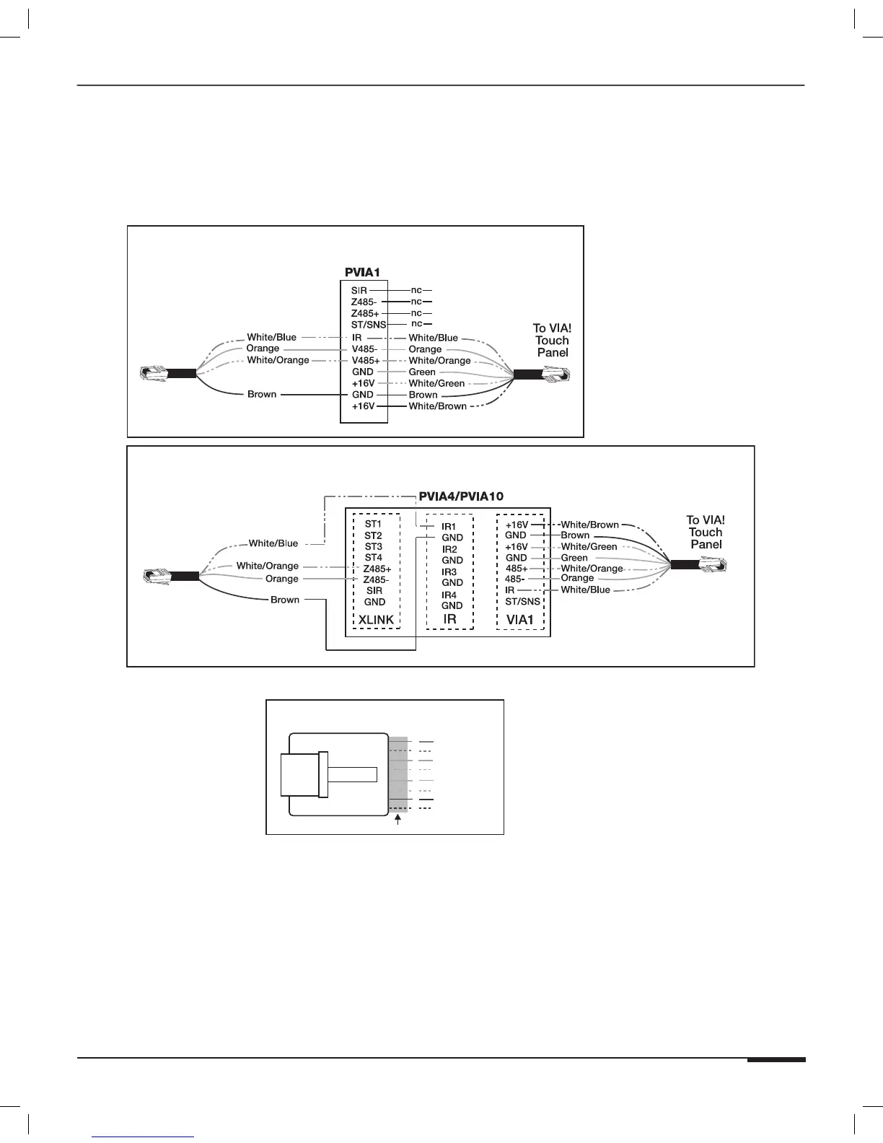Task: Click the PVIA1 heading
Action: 362,273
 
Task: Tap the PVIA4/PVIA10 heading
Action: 461,496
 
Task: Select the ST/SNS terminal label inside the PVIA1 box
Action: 369,325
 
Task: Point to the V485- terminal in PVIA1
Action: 364,349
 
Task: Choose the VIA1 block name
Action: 519,620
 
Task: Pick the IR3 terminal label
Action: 449,572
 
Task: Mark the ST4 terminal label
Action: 373,558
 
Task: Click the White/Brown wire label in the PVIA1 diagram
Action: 438,406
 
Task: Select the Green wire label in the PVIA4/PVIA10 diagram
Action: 574,558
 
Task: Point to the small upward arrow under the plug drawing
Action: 398,820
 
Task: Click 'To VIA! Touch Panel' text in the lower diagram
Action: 706,532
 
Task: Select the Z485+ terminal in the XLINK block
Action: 377,569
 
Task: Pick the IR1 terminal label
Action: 449,527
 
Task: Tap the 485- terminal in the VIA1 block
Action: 514,579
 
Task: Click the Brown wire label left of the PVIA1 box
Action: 262,395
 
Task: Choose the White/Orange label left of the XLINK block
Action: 267,566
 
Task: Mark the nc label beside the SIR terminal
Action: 416,290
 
